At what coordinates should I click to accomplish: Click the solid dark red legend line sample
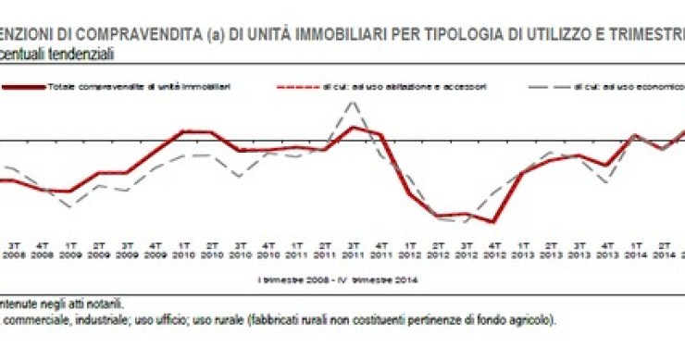point(35,86)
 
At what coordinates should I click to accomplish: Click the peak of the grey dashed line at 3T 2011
point(352,102)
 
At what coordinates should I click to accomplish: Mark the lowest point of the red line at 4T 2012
point(494,222)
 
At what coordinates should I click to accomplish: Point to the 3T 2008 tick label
point(15,253)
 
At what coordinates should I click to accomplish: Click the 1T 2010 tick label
point(183,253)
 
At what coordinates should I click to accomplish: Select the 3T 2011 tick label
point(352,253)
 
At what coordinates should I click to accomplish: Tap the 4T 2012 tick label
point(493,253)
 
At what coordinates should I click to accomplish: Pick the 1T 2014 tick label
point(634,253)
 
